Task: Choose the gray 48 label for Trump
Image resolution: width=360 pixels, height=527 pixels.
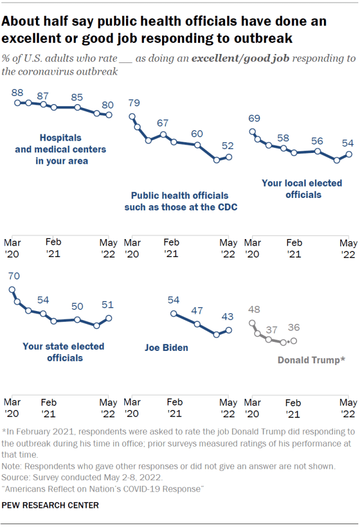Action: pos(254,309)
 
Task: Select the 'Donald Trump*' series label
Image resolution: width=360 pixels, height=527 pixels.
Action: pos(311,360)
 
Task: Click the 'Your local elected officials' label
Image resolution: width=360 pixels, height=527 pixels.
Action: pos(302,189)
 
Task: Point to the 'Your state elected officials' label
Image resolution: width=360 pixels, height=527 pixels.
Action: pos(63,352)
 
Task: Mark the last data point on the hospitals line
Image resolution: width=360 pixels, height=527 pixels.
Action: pos(109,115)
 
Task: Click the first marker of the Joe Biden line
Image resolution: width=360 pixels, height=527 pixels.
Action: pos(174,314)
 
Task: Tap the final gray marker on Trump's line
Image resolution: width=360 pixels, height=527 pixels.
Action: pos(294,341)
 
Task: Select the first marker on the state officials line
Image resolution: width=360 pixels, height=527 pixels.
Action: pos(12,290)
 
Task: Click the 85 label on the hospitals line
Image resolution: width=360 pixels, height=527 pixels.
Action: pos(78,97)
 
